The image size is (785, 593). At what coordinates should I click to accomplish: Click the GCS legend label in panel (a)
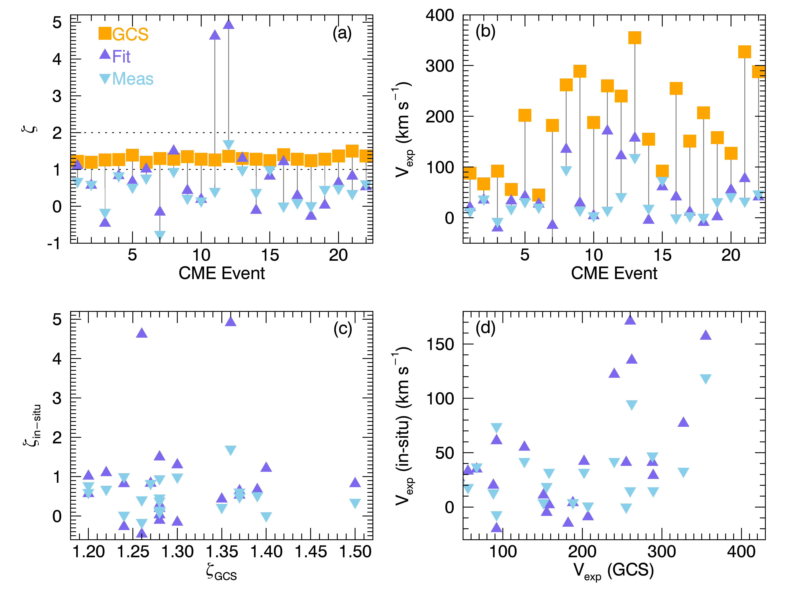pos(130,34)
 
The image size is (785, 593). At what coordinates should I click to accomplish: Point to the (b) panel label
pos(485,32)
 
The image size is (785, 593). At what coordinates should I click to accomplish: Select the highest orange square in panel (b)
pos(634,38)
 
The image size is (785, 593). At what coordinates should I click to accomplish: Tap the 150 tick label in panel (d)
pos(440,344)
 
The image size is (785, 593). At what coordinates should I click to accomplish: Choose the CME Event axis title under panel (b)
pos(614,273)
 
